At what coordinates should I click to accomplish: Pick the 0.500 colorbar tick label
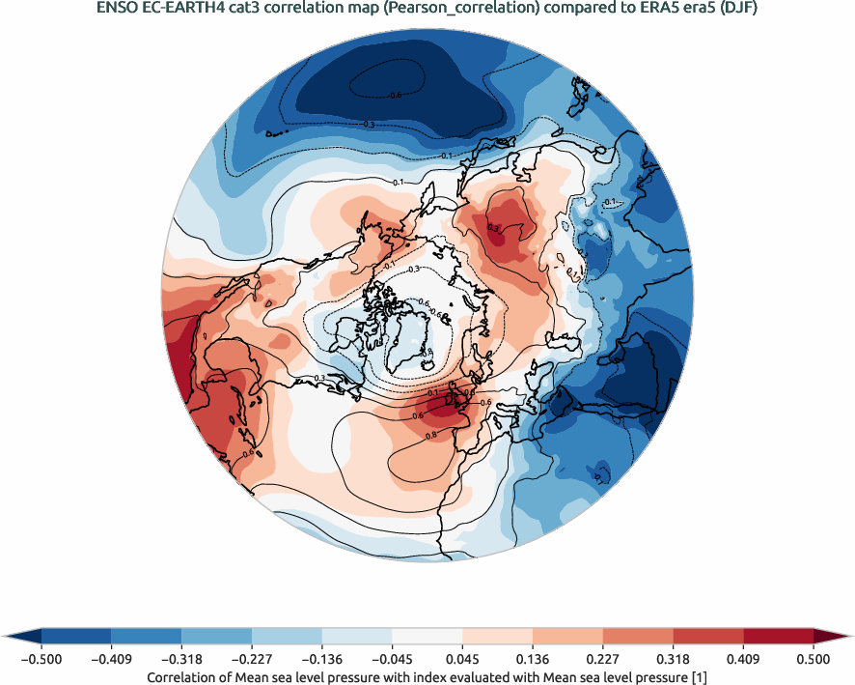(x=814, y=659)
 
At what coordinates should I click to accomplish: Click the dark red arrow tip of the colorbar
(x=833, y=636)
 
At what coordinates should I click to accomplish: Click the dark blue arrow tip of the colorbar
(x=21, y=636)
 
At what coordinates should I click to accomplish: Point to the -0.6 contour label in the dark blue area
(x=394, y=95)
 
